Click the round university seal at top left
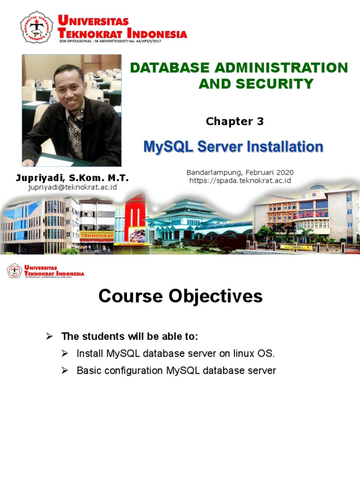point(36,27)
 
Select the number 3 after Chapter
point(260,121)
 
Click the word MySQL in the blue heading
point(168,147)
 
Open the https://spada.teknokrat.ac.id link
point(240,180)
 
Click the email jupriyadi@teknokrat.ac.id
point(73,187)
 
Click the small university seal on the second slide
point(14,271)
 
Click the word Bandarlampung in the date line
point(211,172)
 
